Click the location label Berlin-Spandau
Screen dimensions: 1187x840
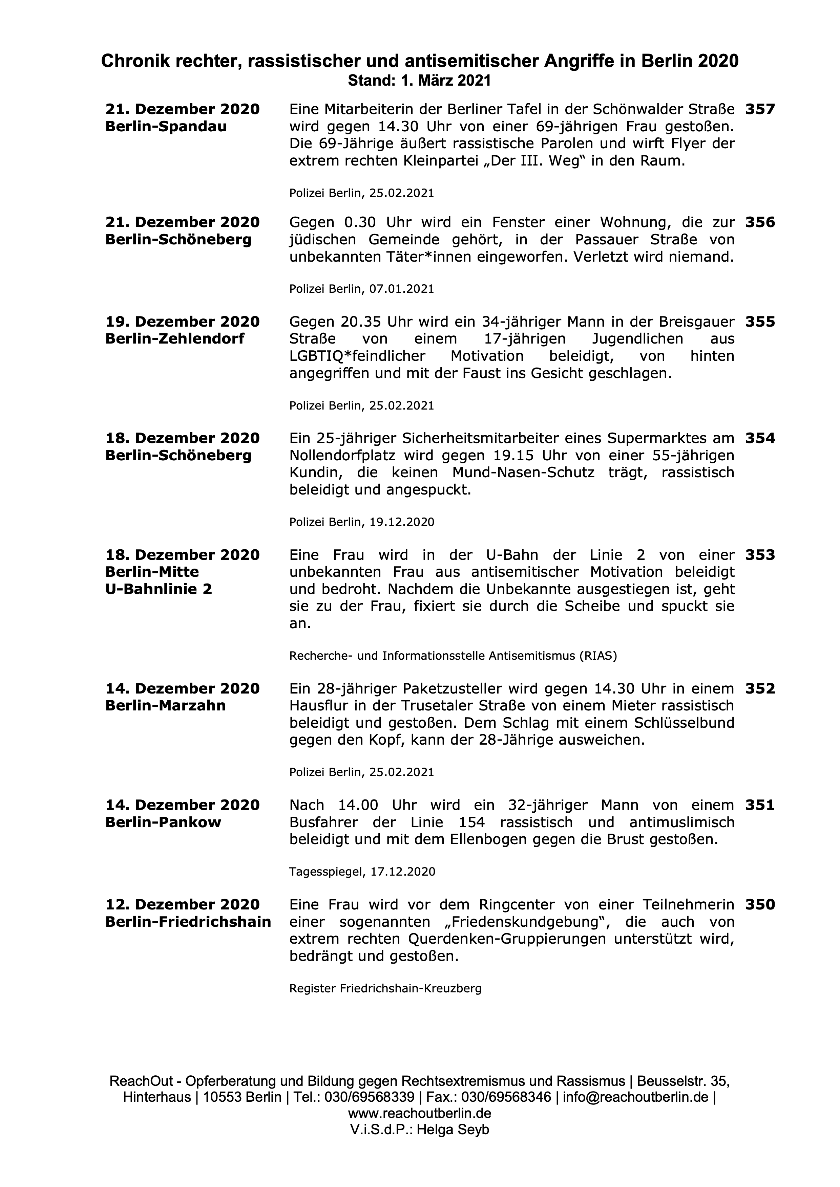coord(166,127)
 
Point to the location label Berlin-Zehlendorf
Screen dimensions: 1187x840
coord(175,338)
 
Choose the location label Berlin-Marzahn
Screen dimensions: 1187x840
coord(166,706)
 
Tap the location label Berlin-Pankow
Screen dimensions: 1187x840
coord(163,822)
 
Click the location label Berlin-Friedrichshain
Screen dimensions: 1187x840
coord(188,922)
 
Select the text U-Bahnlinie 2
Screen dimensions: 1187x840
coord(158,589)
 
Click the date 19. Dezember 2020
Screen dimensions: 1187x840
coord(182,322)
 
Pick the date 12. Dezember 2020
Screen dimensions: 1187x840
coord(182,905)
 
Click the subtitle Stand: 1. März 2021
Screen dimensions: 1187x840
coord(419,81)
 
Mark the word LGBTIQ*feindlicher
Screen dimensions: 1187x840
coord(357,356)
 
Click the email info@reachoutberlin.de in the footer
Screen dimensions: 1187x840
coord(635,1112)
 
